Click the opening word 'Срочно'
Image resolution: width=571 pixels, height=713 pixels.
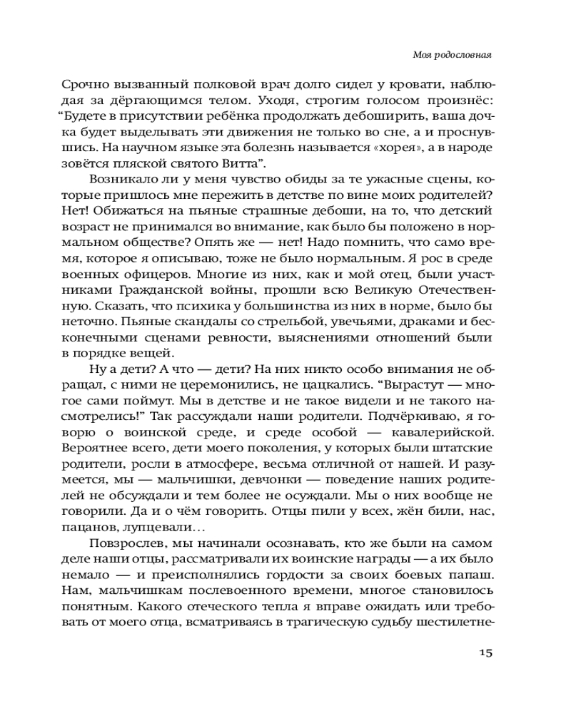coord(83,81)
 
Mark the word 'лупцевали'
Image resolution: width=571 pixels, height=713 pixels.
coord(159,528)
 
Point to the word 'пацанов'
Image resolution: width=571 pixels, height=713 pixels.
coord(89,528)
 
